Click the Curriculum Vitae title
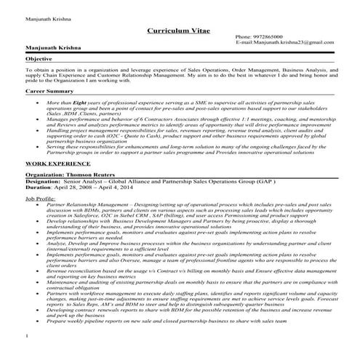tap(180, 31)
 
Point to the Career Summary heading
tap(49, 93)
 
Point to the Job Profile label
tap(42, 198)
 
